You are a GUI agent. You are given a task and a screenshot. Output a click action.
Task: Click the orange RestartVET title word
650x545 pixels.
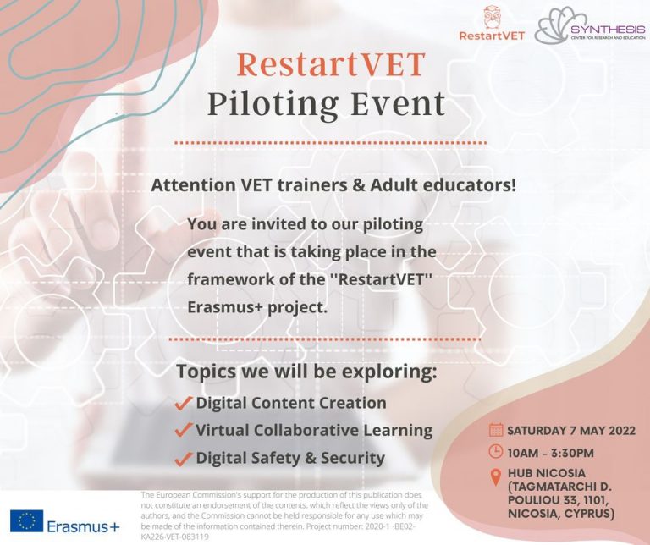331,65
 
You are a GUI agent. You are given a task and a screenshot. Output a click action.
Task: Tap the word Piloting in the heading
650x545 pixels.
277,105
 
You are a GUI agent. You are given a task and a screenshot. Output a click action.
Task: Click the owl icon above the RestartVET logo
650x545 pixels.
491,16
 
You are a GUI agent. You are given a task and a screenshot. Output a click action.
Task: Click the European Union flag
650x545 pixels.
28,520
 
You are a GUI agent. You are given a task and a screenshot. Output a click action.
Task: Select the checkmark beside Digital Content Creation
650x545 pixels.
184,403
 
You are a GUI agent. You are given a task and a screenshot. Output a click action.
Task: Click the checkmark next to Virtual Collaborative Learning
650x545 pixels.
184,430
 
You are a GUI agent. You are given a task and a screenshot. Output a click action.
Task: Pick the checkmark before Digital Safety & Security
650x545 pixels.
184,459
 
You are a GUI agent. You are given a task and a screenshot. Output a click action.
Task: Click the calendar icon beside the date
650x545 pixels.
497,429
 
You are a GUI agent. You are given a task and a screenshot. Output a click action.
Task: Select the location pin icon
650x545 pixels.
497,477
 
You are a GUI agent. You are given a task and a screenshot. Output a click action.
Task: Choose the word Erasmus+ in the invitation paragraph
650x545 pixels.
226,306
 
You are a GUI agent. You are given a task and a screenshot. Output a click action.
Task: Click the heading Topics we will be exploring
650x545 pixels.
306,372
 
